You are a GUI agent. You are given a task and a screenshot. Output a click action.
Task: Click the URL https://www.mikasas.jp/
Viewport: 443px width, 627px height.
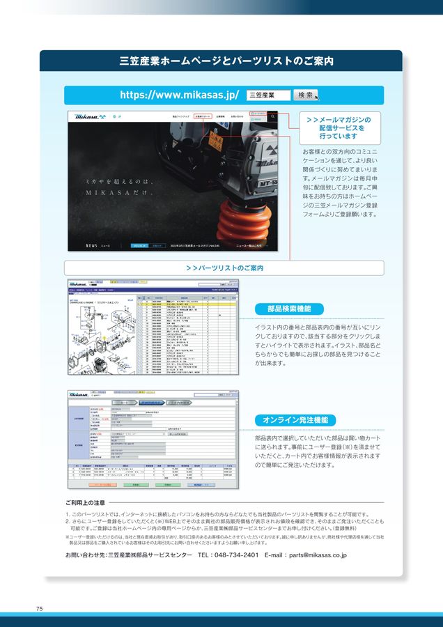pyautogui.click(x=180, y=95)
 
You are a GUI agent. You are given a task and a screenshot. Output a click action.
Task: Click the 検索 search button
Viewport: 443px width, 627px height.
pyautogui.click(x=305, y=95)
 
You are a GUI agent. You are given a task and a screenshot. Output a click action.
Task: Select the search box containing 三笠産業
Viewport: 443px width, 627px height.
pyautogui.click(x=268, y=95)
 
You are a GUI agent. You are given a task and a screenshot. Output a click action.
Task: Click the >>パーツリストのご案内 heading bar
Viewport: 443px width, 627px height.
pyautogui.click(x=224, y=268)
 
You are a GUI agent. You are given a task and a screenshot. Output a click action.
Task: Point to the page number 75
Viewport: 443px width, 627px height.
pyautogui.click(x=40, y=609)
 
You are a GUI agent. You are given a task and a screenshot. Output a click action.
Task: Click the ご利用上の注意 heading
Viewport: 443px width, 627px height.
pyautogui.click(x=85, y=502)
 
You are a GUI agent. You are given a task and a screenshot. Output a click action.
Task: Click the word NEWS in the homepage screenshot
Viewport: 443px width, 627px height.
pyautogui.click(x=91, y=245)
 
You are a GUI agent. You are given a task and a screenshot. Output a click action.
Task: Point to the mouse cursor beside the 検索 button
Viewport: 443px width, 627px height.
pyautogui.click(x=317, y=98)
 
